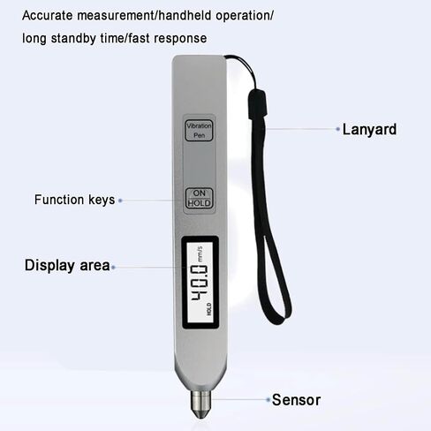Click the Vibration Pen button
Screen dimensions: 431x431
point(199,130)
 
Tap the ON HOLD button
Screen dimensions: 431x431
point(199,198)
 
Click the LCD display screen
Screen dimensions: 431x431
point(200,282)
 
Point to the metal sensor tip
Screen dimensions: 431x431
point(200,404)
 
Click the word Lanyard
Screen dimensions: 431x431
point(369,130)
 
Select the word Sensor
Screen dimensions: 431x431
point(296,400)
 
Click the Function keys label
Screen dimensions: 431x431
point(74,200)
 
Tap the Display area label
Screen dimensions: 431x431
point(67,265)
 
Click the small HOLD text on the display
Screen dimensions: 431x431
point(208,309)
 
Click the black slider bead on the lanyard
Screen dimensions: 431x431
point(258,105)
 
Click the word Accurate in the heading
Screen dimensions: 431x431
point(48,15)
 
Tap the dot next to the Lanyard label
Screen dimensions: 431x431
point(337,129)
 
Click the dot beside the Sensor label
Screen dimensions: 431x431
point(268,400)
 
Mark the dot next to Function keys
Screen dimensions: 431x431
point(120,200)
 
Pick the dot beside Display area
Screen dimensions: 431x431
point(113,268)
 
